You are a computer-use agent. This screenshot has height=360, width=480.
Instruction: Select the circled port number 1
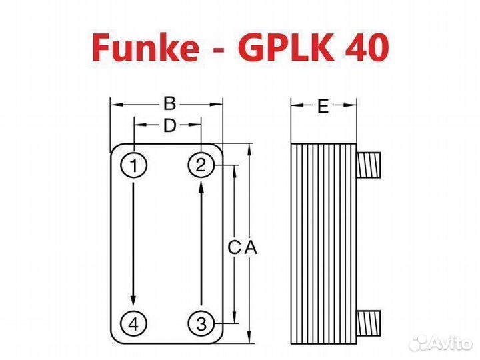(133, 165)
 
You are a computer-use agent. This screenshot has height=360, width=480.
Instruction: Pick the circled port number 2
(201, 165)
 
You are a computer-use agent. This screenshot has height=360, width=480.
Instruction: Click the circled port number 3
(201, 324)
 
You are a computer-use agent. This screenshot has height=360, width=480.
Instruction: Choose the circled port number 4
(133, 324)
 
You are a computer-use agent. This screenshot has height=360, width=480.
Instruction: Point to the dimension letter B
(169, 104)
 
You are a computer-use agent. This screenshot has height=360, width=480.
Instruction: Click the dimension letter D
(169, 125)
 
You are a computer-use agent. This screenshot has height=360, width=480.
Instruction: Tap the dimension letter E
(323, 107)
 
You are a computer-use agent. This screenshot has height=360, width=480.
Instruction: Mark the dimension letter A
(250, 247)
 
